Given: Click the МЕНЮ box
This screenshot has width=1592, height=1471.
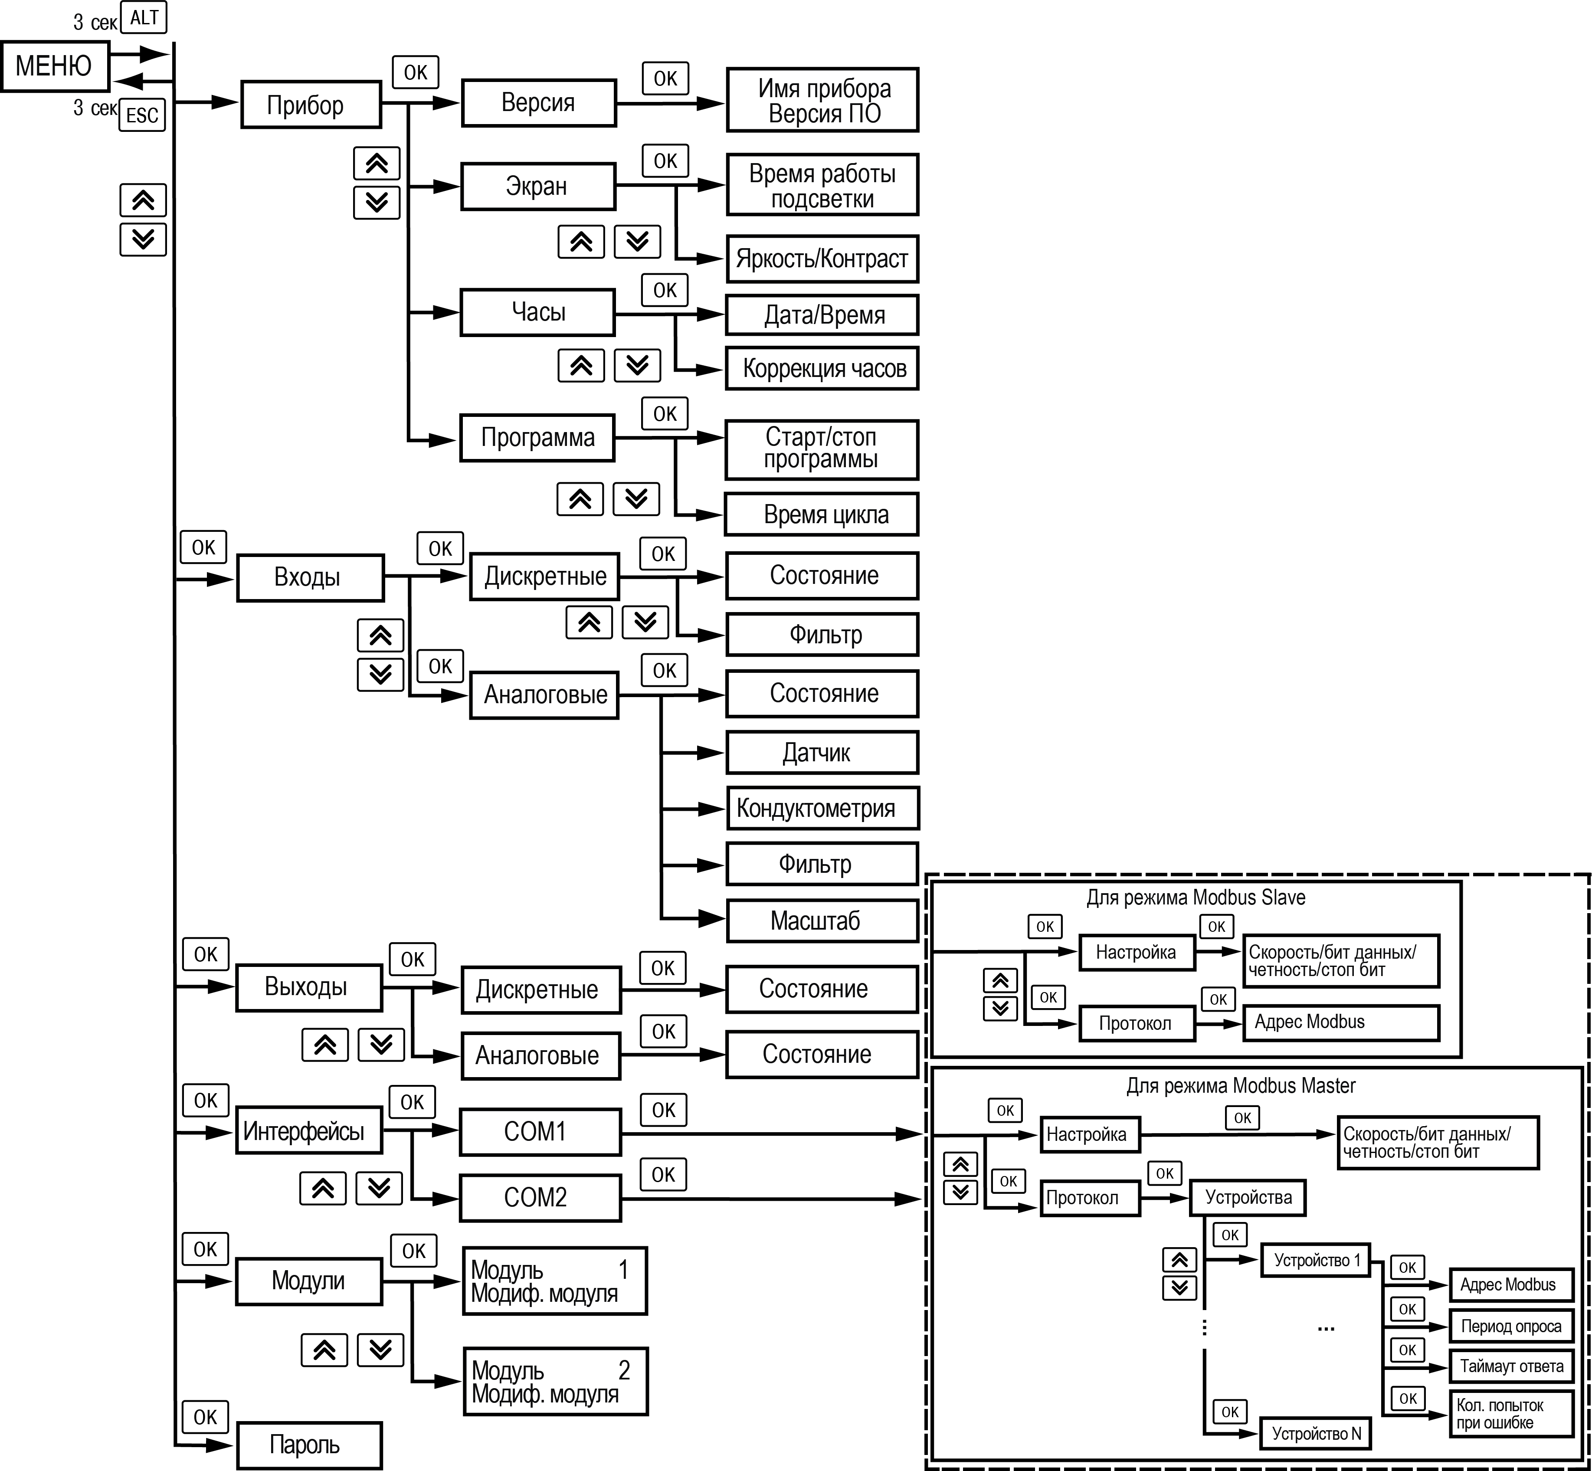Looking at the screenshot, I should pyautogui.click(x=54, y=66).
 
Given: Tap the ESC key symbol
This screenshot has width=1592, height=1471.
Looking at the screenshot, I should pyautogui.click(x=142, y=115).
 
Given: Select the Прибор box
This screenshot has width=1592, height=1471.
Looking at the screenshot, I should pyautogui.click(x=311, y=104).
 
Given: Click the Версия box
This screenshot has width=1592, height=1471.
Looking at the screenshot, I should pyautogui.click(x=539, y=103).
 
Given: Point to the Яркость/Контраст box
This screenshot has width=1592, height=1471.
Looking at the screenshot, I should pyautogui.click(x=822, y=259).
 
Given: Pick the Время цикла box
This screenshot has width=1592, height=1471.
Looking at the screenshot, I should pyautogui.click(x=822, y=514).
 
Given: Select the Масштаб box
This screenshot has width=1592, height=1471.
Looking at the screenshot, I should pyautogui.click(x=822, y=921).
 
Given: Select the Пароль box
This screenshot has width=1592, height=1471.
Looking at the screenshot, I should pyautogui.click(x=309, y=1445).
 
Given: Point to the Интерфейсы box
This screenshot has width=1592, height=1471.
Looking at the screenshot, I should pyautogui.click(x=309, y=1131).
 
